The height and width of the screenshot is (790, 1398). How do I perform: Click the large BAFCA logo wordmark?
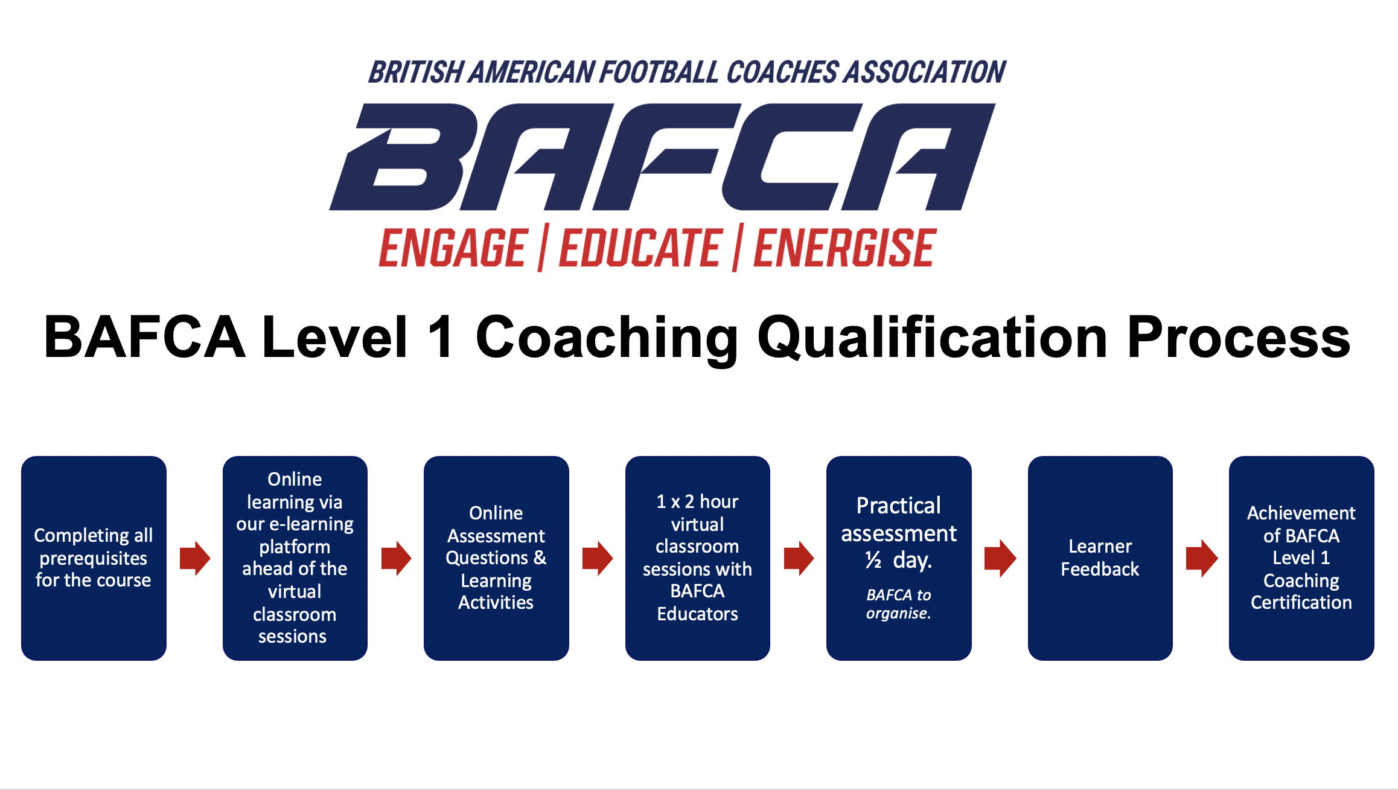point(662,157)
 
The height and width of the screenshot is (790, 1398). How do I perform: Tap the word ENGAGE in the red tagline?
point(453,248)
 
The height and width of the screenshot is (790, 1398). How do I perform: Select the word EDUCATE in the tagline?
point(640,248)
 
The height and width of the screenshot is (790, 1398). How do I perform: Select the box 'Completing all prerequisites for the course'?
point(94,558)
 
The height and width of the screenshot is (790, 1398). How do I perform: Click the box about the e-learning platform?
point(295,558)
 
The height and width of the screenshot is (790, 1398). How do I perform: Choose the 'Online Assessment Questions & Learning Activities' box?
point(496,558)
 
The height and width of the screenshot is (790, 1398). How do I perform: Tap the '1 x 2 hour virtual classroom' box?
point(698,558)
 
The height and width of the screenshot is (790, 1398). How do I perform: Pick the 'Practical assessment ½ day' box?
point(899,558)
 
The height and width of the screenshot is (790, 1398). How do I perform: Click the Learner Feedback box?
point(1100,558)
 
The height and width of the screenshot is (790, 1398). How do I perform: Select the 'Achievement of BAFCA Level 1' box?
point(1301,558)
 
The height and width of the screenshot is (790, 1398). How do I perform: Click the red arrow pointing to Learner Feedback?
point(1000,558)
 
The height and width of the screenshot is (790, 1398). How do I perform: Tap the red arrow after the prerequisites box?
point(195,558)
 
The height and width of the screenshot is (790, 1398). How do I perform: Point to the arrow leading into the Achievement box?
point(1202,558)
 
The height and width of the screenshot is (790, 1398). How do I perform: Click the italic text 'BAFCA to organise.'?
point(899,604)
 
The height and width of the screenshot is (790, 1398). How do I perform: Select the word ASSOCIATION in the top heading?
point(925,72)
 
